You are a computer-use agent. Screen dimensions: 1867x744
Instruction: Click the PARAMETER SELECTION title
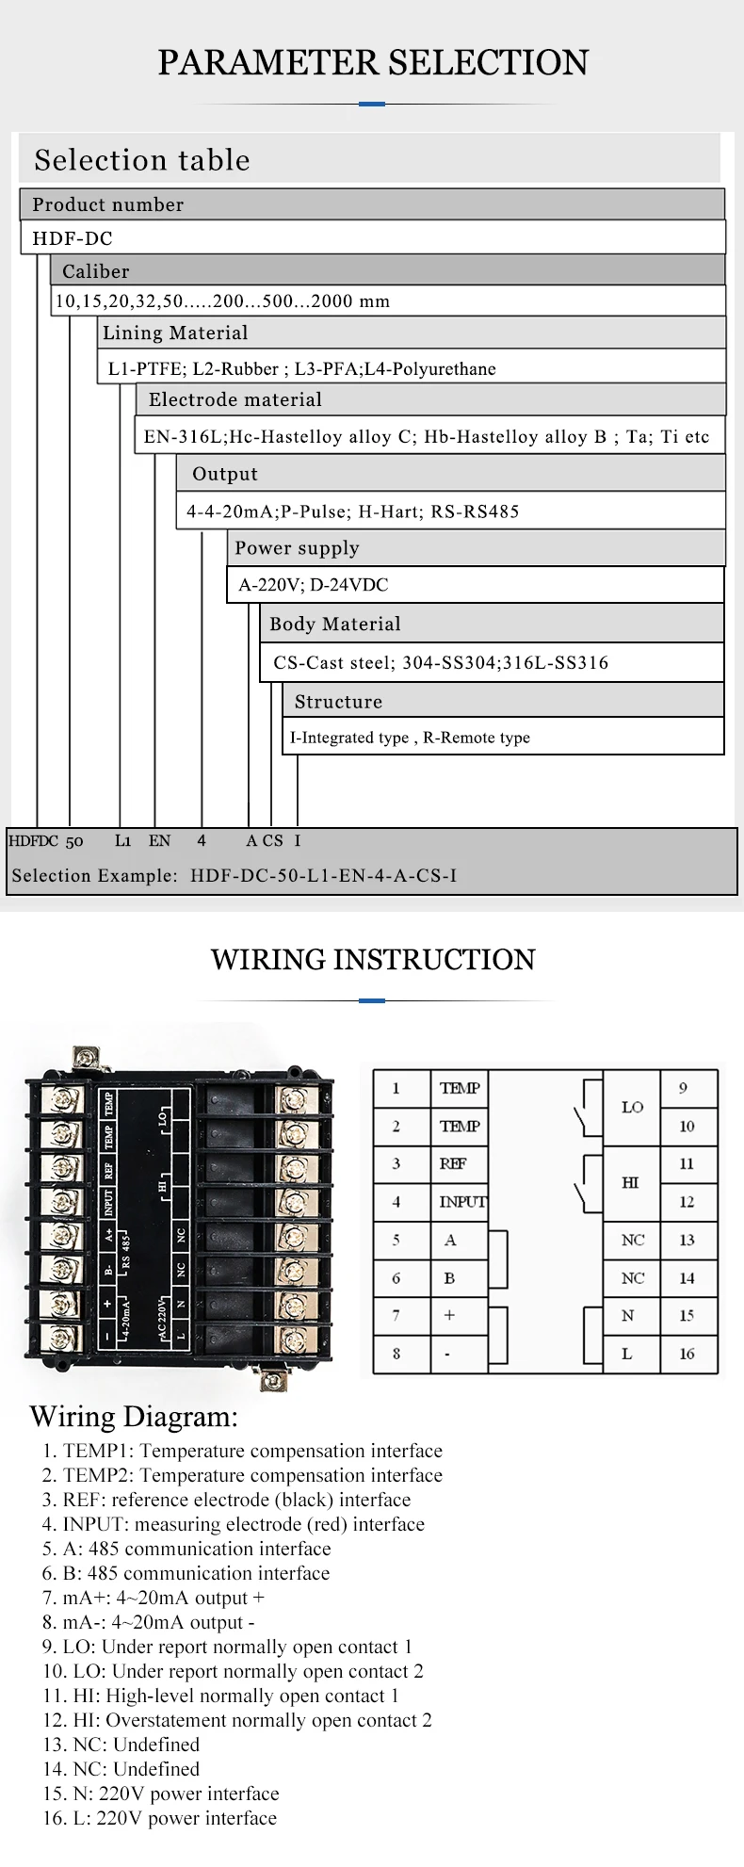click(373, 63)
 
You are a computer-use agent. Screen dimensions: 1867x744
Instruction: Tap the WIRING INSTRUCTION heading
click(373, 960)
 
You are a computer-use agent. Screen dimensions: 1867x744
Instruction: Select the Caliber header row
click(387, 271)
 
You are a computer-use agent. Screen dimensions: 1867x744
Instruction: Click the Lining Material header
click(411, 333)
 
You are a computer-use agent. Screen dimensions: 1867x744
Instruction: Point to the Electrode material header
click(430, 399)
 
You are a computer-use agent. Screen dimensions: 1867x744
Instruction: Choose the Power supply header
click(476, 548)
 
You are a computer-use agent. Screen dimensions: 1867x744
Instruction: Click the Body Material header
click(492, 624)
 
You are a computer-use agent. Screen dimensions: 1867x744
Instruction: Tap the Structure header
click(503, 701)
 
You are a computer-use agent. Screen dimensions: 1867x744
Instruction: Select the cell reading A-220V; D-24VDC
click(475, 585)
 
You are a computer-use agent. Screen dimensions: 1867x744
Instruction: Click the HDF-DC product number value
click(73, 238)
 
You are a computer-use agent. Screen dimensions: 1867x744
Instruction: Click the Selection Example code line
click(235, 875)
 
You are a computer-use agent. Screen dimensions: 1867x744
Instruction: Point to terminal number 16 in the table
click(687, 1354)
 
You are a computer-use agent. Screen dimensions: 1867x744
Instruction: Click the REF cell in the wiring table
click(453, 1163)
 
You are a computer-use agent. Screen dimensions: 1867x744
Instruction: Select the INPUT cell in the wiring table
click(461, 1202)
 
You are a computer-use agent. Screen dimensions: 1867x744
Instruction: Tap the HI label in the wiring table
click(631, 1182)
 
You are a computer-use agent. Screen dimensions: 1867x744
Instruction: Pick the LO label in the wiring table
click(632, 1107)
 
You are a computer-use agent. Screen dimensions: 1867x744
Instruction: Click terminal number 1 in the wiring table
click(396, 1088)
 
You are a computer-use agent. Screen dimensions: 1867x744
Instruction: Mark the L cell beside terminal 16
click(627, 1354)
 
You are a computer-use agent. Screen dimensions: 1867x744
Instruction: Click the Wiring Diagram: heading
click(134, 1417)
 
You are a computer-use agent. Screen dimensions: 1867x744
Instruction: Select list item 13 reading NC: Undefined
click(121, 1745)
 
